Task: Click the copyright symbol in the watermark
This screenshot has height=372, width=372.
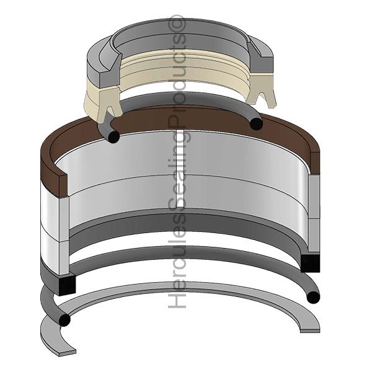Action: point(177,23)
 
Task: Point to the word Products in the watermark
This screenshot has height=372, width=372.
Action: point(177,80)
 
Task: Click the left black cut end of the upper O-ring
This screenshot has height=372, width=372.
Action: point(113,137)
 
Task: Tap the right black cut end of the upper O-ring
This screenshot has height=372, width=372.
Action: point(257,123)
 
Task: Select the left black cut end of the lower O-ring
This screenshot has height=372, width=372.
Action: point(64,320)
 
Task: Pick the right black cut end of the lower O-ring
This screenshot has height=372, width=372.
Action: point(313,297)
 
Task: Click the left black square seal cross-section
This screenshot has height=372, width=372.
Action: point(67,285)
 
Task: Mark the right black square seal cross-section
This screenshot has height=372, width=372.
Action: point(310,263)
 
